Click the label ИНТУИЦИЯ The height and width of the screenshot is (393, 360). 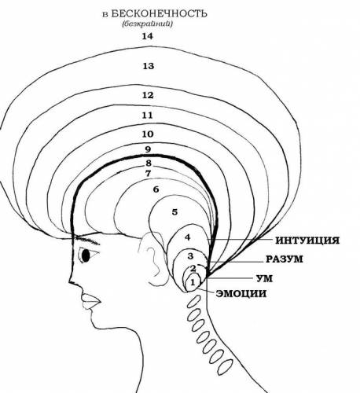click(307, 241)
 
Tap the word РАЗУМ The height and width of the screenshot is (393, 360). click(285, 259)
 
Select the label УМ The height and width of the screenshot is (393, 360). click(264, 278)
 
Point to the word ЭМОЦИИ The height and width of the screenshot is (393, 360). click(241, 293)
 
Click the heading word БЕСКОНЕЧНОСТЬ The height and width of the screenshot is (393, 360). click(160, 13)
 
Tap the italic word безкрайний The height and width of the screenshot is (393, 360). click(147, 24)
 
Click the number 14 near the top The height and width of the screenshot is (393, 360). click(148, 36)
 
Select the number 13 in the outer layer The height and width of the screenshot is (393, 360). click(148, 66)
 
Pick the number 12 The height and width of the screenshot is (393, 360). click(148, 95)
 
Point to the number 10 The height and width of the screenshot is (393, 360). click(148, 134)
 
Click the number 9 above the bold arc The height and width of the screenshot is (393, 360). click(148, 149)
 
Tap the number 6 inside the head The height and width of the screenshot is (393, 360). click(156, 189)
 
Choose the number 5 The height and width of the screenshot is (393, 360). click(174, 211)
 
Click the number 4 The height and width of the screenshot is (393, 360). click(187, 237)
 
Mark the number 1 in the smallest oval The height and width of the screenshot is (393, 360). click(193, 283)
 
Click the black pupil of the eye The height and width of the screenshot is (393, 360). click(86, 255)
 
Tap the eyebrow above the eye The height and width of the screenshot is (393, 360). click(87, 240)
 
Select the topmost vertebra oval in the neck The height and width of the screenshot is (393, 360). click(194, 300)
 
